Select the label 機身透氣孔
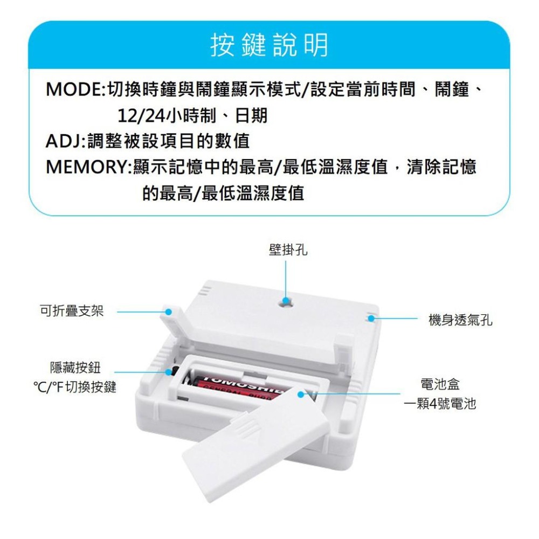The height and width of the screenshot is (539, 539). (460, 321)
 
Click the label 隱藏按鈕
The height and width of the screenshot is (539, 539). (75, 368)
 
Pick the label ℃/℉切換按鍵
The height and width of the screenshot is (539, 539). (75, 387)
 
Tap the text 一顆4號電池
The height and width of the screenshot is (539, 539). (440, 404)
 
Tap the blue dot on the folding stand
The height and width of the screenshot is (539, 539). (169, 312)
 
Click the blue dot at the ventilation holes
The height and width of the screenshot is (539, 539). (371, 319)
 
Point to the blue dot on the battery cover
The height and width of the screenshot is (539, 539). (300, 395)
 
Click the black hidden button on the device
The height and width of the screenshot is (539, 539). (175, 371)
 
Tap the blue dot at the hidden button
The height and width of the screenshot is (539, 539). (169, 371)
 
